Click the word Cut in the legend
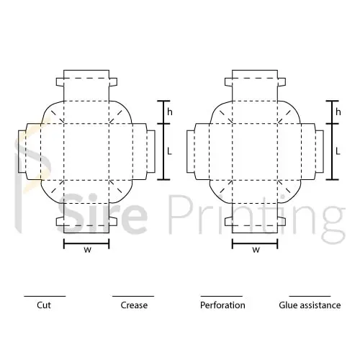44,305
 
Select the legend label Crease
134,305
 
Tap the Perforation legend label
222,305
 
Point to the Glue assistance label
310,305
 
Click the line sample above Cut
45,296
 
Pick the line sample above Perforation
222,296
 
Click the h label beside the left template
170,112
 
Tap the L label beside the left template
169,151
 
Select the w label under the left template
88,250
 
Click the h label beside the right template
338,112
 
